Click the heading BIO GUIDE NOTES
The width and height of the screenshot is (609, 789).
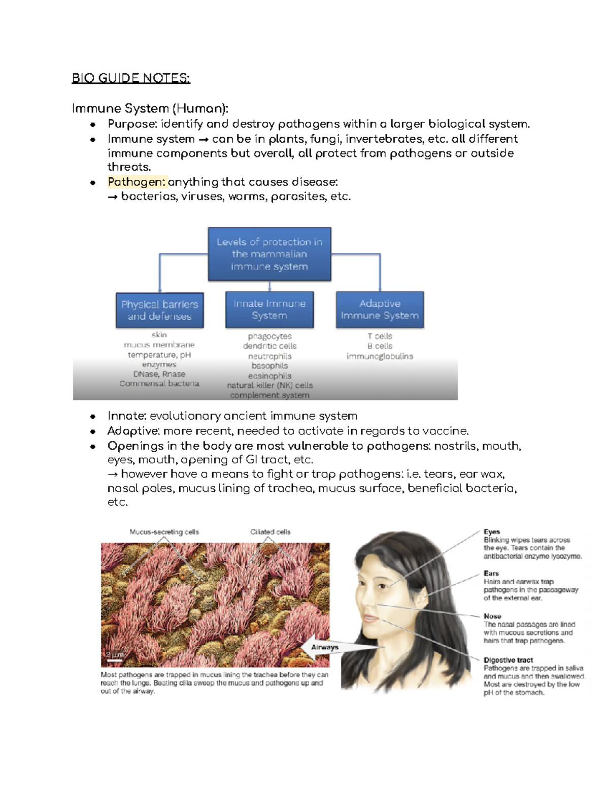click(x=131, y=78)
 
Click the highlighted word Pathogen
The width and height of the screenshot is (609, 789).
click(x=137, y=182)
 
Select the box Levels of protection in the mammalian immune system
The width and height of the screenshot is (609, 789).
click(x=269, y=254)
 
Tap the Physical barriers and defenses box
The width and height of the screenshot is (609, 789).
click(x=159, y=310)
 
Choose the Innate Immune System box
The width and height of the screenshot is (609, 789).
click(x=269, y=309)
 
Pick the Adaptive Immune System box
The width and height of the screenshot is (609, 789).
click(x=380, y=309)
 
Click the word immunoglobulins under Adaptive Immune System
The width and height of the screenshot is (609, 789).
click(x=380, y=356)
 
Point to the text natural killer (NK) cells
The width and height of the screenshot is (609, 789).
click(x=269, y=385)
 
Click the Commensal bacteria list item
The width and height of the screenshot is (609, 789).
click(x=159, y=384)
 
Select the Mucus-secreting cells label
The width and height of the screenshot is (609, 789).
click(x=164, y=532)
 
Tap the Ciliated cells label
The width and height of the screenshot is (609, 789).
click(x=270, y=532)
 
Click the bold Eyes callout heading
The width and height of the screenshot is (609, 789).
click(x=492, y=532)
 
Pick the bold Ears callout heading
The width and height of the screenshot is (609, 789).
click(x=491, y=574)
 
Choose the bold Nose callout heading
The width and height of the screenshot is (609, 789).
click(x=492, y=616)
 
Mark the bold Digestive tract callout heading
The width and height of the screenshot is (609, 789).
click(x=508, y=660)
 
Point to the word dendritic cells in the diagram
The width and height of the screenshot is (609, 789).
click(x=269, y=346)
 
